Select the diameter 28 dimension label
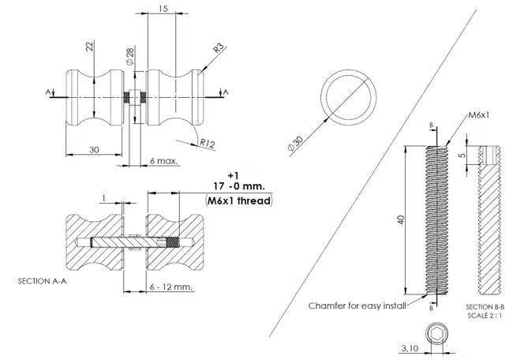128,55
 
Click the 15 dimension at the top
162,9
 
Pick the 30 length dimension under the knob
94,148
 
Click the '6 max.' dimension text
164,160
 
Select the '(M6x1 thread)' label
239,201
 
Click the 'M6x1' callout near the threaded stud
478,115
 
